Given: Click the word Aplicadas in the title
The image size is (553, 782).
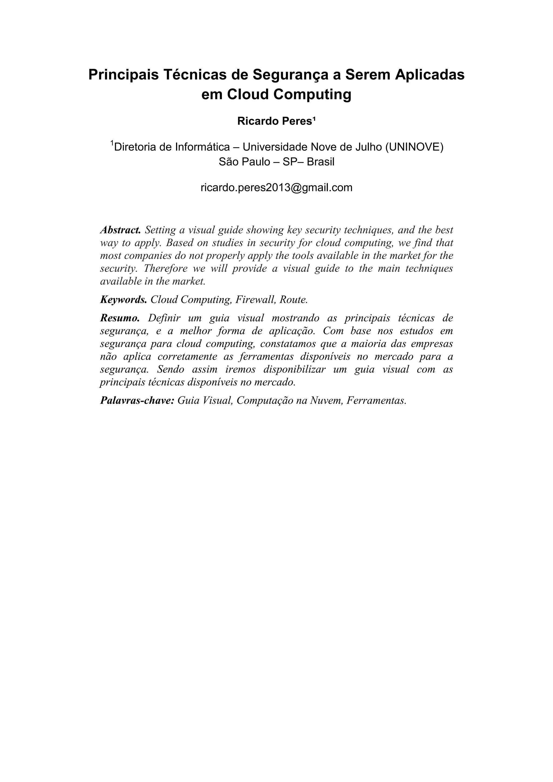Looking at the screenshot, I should click(430, 74).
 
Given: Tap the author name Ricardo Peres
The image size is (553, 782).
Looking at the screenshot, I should click(275, 121).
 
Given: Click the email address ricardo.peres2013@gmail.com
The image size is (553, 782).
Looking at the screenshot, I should click(276, 188).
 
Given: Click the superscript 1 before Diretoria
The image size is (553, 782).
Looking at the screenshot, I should click(112, 144).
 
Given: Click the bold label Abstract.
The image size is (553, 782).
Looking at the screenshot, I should click(120, 230).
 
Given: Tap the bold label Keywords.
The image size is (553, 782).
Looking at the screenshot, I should click(123, 300).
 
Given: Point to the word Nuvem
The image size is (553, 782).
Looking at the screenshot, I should click(325, 400).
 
